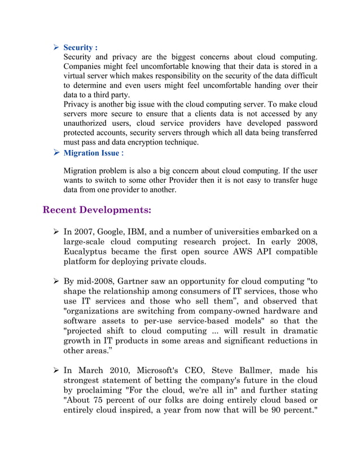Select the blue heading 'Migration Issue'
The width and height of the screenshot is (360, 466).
91,153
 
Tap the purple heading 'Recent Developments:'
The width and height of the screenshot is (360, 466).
97,210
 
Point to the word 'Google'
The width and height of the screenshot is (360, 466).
122,231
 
